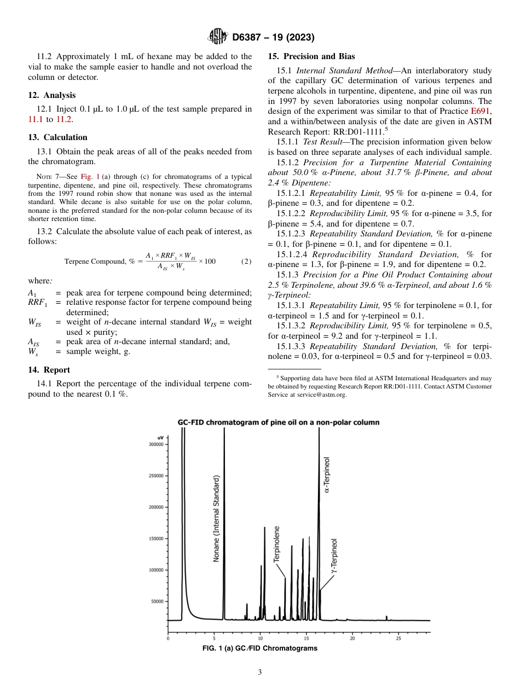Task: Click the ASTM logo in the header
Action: (217, 37)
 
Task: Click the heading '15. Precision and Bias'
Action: (311, 56)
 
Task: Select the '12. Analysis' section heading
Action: (52, 95)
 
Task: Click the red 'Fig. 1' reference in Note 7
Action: (90, 177)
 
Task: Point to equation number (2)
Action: (246, 261)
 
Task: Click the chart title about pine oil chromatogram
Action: (278, 422)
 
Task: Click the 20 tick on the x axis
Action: (352, 638)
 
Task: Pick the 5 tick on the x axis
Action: (214, 638)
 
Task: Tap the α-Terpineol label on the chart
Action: (327, 474)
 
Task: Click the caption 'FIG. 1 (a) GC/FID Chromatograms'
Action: (259, 648)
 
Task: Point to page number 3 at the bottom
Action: (260, 672)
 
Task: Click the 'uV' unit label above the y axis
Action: (160, 438)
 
